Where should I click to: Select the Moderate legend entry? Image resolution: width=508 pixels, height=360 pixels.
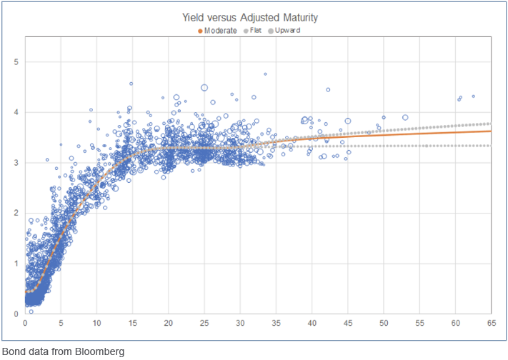[219, 30]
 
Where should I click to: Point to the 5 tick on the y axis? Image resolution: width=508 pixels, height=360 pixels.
[17, 62]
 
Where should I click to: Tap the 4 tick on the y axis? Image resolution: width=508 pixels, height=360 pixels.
[17, 112]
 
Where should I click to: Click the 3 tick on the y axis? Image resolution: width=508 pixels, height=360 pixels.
[17, 163]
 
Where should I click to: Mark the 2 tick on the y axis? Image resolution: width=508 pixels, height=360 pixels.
[17, 213]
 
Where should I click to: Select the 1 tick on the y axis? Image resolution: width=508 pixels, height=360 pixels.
[17, 264]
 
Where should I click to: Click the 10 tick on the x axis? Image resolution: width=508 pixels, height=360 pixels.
[96, 324]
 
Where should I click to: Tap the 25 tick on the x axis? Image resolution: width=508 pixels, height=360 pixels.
[204, 324]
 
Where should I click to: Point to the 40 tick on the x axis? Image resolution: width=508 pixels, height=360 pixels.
[312, 324]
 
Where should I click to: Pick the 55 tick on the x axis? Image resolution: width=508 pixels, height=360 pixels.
[419, 324]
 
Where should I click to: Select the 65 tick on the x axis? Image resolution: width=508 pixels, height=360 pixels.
[491, 324]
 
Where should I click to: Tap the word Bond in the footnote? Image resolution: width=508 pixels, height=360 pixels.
[14, 351]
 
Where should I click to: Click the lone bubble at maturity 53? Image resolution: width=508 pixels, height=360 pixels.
[405, 117]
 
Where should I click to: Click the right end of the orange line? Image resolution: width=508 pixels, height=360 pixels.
[490, 131]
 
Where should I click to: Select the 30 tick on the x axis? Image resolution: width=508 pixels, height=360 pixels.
[240, 324]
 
